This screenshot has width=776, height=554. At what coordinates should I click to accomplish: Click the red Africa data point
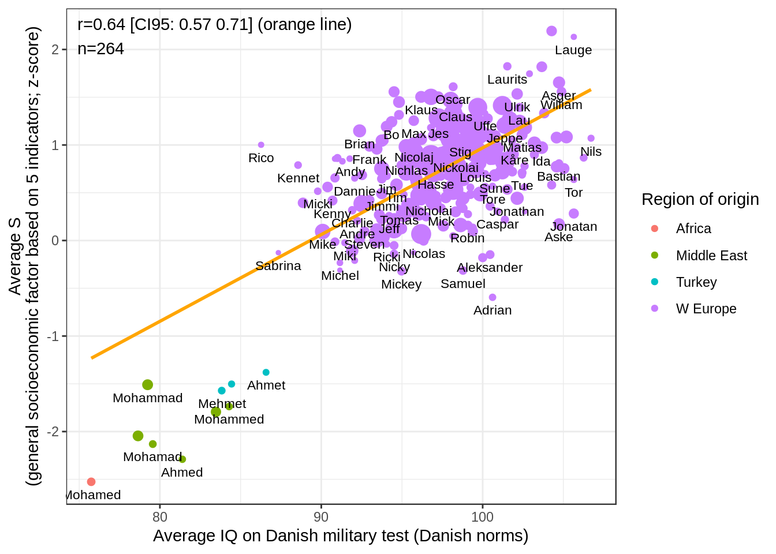click(x=91, y=481)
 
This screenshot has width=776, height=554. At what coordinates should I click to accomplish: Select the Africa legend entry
click(x=693, y=229)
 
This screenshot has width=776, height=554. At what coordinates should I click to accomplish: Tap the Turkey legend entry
click(x=696, y=282)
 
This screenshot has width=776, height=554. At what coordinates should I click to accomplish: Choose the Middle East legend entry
click(x=711, y=256)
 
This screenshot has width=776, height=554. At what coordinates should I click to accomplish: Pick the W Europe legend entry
click(x=706, y=309)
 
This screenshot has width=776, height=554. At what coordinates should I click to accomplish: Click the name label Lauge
click(x=573, y=50)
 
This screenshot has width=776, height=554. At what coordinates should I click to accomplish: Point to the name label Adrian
click(x=493, y=310)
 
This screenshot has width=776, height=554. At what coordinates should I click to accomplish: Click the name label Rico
click(x=261, y=158)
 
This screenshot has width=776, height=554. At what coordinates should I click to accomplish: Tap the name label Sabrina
click(x=278, y=266)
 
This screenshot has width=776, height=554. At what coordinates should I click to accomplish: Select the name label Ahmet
click(x=266, y=385)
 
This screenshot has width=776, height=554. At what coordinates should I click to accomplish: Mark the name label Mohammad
click(x=148, y=398)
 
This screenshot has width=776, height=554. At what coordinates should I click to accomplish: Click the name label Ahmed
click(x=182, y=473)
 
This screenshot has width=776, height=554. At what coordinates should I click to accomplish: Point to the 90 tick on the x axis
click(x=321, y=516)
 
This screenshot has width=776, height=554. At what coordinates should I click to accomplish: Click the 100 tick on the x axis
click(x=483, y=516)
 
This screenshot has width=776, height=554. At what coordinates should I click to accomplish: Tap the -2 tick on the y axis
click(x=55, y=432)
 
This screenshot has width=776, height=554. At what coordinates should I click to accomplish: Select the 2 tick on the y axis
click(x=55, y=50)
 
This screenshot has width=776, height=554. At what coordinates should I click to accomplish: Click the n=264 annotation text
click(x=101, y=49)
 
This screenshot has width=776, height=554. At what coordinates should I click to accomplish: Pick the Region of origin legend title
click(x=700, y=199)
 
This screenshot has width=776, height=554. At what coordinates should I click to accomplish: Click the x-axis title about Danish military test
click(x=341, y=536)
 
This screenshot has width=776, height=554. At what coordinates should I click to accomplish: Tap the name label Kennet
click(x=299, y=178)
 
